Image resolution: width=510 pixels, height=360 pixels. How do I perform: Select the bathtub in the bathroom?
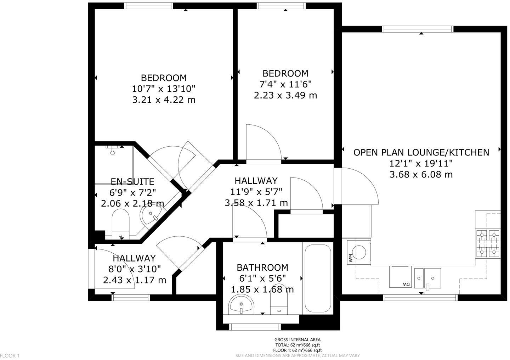click(x=318, y=278)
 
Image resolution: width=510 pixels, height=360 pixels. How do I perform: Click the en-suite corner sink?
click(x=152, y=214)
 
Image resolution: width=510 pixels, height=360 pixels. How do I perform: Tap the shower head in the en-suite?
click(x=113, y=150)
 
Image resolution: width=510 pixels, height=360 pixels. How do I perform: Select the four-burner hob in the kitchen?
click(x=488, y=243)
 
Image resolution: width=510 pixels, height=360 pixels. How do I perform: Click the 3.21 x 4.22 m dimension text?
click(x=164, y=100)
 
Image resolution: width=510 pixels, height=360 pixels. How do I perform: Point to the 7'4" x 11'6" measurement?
click(x=285, y=84)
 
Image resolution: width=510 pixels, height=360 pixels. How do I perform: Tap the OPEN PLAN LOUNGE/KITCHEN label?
click(x=421, y=152)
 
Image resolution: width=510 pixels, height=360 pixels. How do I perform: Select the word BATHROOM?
click(x=262, y=267)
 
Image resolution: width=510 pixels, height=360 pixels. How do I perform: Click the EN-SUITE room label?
click(x=132, y=181)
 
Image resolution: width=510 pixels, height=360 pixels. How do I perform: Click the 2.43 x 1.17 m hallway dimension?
click(x=134, y=280)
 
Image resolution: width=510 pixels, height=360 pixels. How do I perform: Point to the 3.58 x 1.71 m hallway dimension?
click(x=256, y=203)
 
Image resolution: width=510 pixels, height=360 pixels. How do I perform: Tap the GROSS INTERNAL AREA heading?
click(x=298, y=339)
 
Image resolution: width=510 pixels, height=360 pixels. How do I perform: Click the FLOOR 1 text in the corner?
click(x=10, y=355)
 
